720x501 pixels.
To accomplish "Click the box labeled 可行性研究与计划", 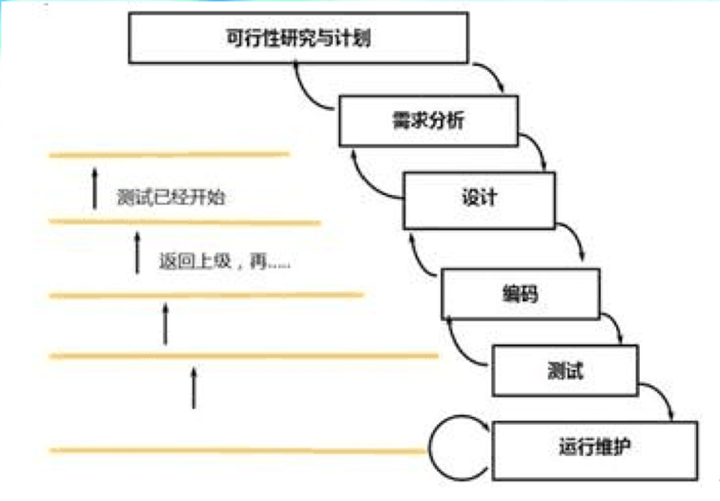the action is click(x=299, y=38).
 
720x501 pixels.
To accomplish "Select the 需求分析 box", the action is click(x=429, y=121).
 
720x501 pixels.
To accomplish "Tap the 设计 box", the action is click(x=479, y=200).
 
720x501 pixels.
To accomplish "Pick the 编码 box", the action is click(x=520, y=294).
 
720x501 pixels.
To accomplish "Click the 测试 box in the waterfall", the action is click(x=565, y=370).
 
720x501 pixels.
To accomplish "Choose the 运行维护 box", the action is click(x=594, y=450).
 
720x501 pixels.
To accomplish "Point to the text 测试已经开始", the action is click(x=171, y=198).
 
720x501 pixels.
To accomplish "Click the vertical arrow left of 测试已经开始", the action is click(x=95, y=188).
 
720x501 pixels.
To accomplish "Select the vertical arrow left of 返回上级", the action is click(x=137, y=253).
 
